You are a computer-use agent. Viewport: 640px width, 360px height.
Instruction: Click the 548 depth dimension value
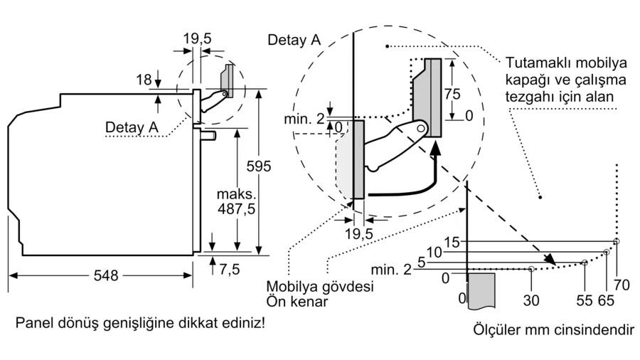pyautogui.click(x=106, y=275)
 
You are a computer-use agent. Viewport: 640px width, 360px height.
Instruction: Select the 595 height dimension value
pyautogui.click(x=258, y=166)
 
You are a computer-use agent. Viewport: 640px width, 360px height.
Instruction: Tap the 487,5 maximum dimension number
pyautogui.click(x=236, y=209)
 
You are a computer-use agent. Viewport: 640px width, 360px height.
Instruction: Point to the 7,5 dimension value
pyautogui.click(x=230, y=270)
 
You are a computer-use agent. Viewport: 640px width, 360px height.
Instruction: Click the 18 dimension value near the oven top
pyautogui.click(x=144, y=80)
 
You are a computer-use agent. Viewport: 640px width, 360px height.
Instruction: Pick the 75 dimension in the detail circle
pyautogui.click(x=452, y=95)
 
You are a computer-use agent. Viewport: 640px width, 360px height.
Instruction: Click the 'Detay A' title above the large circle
pyautogui.click(x=294, y=40)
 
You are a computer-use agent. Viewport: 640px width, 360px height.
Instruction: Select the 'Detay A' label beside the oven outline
pyautogui.click(x=132, y=127)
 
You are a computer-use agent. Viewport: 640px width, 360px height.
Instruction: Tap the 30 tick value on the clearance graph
pyautogui.click(x=531, y=300)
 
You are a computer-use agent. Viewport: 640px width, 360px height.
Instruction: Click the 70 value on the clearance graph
pyautogui.click(x=622, y=285)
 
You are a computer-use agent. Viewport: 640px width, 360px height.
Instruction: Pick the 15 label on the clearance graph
pyautogui.click(x=452, y=242)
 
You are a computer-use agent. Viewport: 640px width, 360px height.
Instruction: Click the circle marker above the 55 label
pyautogui.click(x=585, y=263)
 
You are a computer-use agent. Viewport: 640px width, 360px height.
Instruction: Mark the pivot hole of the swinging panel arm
pyautogui.click(x=421, y=129)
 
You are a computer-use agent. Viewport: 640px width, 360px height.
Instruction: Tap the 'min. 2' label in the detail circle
pyautogui.click(x=304, y=119)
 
